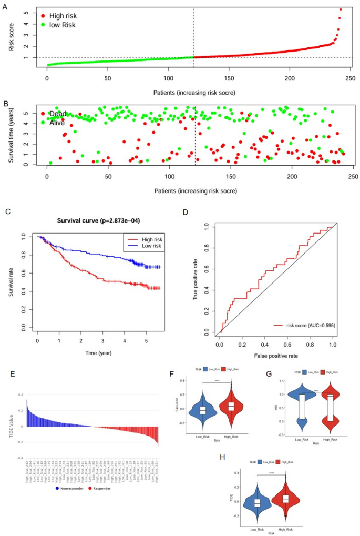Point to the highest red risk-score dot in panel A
341,9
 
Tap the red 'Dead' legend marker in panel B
43,113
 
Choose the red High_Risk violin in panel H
285,499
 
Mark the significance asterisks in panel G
316,390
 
